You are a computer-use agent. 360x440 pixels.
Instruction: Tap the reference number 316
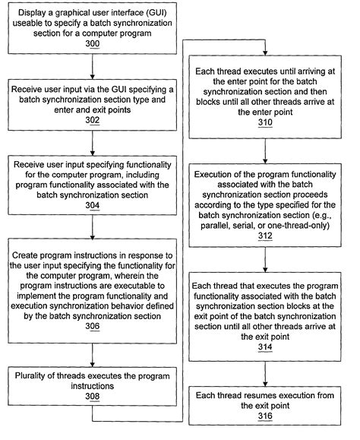click(x=265, y=416)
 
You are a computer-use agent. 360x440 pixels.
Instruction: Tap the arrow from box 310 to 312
click(x=265, y=149)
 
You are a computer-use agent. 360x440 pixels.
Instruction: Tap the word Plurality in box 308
click(x=36, y=375)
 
